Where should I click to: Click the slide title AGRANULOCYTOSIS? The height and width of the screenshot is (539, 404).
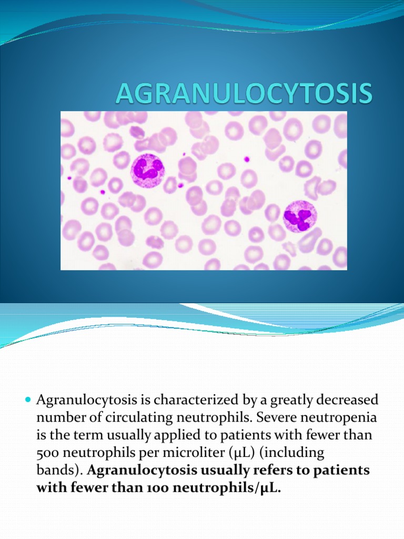(x=244, y=95)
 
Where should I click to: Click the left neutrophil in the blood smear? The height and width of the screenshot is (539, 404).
(x=147, y=171)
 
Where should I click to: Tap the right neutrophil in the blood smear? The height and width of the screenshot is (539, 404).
(x=300, y=216)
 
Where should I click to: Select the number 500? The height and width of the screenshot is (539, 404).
(x=49, y=453)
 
